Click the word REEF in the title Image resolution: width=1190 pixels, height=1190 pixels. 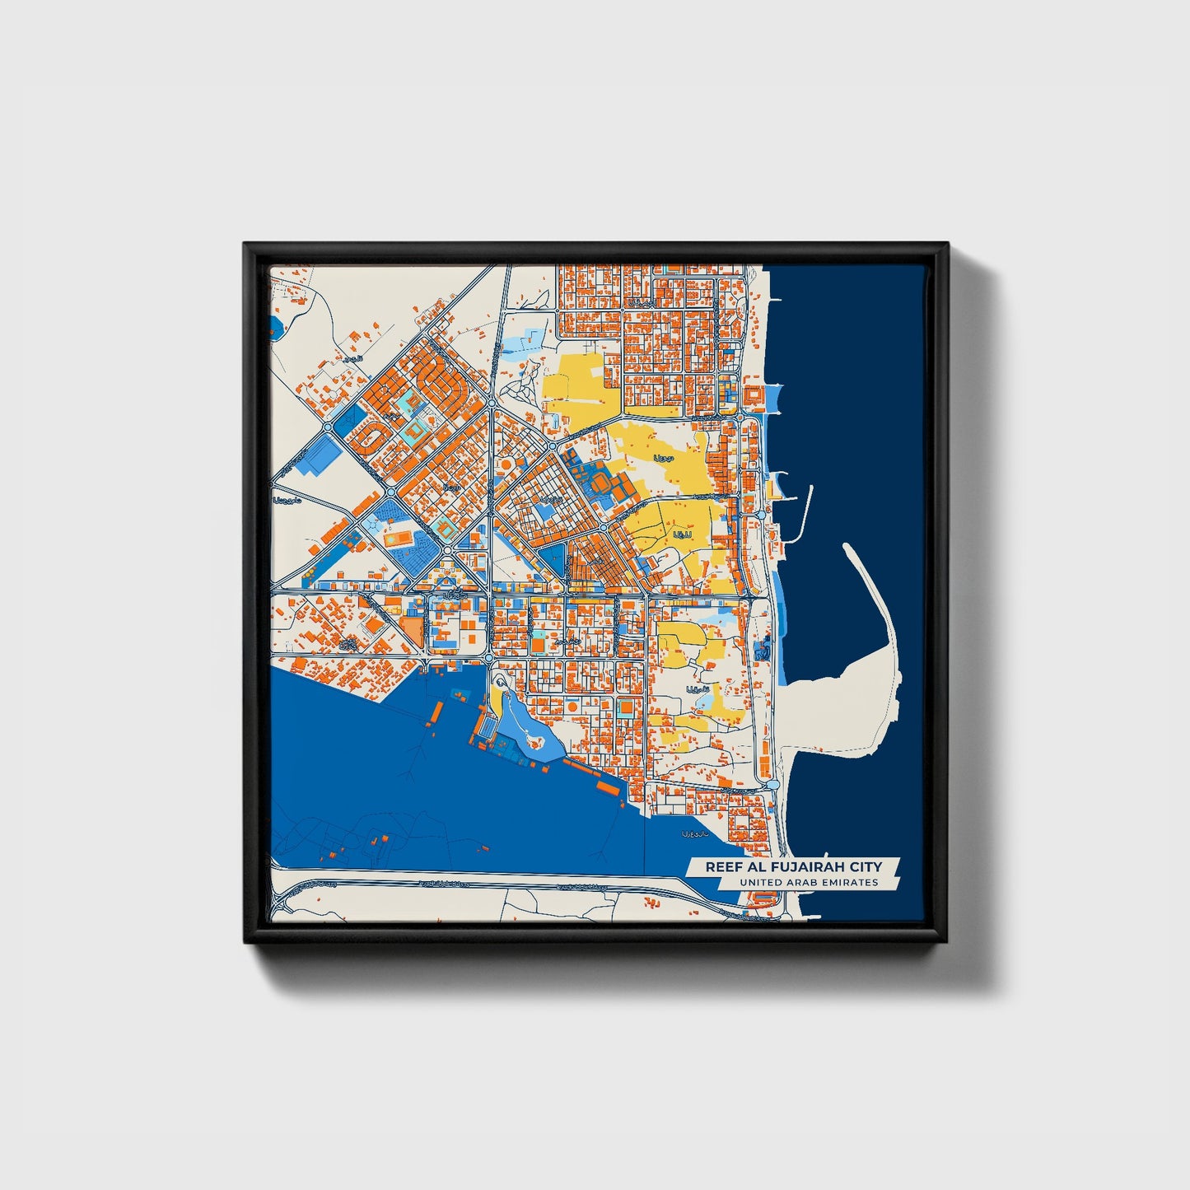tap(721, 866)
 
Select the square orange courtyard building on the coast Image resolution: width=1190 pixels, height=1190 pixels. tap(753, 397)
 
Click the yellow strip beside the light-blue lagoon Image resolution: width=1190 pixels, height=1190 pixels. tap(497, 700)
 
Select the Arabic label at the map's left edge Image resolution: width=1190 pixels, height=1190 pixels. tap(287, 500)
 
